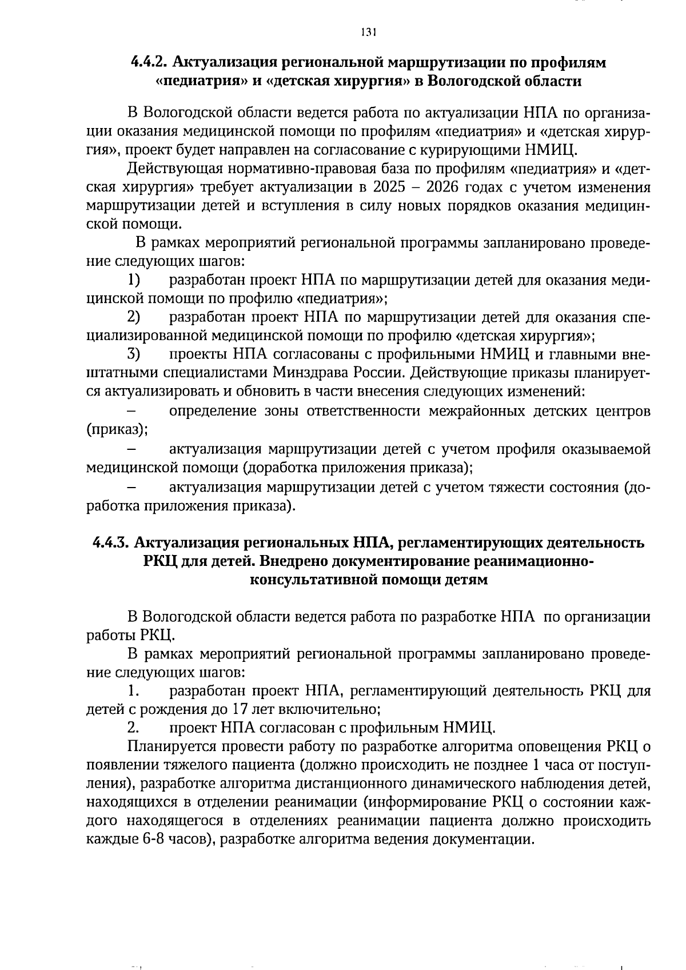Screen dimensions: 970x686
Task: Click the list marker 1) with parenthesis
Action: [x=134, y=281]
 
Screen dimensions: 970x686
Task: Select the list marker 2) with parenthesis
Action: [x=134, y=317]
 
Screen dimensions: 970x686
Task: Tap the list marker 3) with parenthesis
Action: [x=134, y=354]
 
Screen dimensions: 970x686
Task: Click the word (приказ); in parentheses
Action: [x=117, y=429]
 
